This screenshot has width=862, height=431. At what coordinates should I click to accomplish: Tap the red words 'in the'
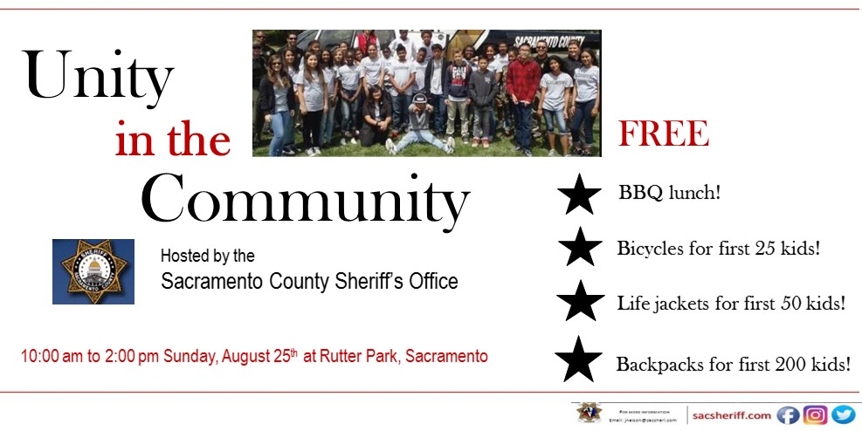(x=173, y=140)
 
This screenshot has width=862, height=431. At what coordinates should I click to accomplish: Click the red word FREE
(x=663, y=134)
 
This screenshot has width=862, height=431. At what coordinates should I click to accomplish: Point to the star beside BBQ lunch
(x=579, y=195)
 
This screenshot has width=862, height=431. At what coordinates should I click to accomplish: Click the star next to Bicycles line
(x=580, y=248)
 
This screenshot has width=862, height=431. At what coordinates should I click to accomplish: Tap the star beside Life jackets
(x=580, y=302)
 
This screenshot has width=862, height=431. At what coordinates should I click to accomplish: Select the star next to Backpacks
(x=578, y=359)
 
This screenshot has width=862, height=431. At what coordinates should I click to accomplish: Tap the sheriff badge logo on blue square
(x=93, y=270)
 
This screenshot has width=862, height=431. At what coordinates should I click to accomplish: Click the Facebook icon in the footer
(x=788, y=415)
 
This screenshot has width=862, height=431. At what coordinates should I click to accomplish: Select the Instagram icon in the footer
(x=816, y=415)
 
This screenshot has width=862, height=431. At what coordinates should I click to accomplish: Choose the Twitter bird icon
(x=843, y=415)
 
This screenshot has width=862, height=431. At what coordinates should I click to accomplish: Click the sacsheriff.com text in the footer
(x=732, y=415)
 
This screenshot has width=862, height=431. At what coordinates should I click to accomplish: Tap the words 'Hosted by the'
(x=208, y=257)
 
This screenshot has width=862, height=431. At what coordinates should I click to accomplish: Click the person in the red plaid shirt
(x=523, y=87)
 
